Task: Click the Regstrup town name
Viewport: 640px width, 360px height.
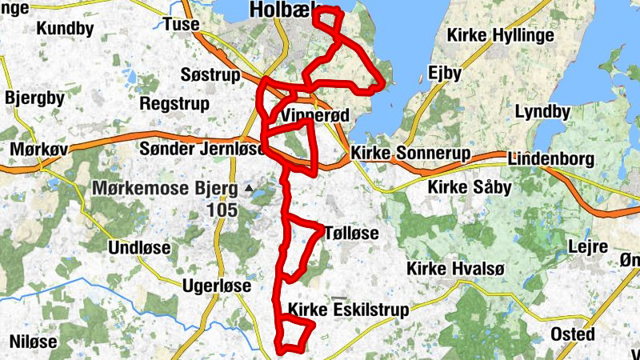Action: [174, 104]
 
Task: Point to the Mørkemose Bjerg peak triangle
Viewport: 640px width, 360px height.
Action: [249, 189]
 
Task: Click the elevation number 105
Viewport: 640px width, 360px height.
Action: [221, 210]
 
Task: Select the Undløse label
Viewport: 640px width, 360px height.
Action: [139, 248]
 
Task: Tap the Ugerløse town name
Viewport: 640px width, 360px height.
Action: [217, 286]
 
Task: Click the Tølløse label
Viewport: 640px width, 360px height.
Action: [352, 233]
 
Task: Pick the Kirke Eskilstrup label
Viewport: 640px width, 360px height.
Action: [348, 310]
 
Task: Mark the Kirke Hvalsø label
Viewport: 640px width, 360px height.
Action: [455, 268]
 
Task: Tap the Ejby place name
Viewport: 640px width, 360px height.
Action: [446, 74]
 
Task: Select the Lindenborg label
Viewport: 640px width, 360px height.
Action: [550, 158]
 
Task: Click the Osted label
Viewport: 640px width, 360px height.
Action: [573, 334]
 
